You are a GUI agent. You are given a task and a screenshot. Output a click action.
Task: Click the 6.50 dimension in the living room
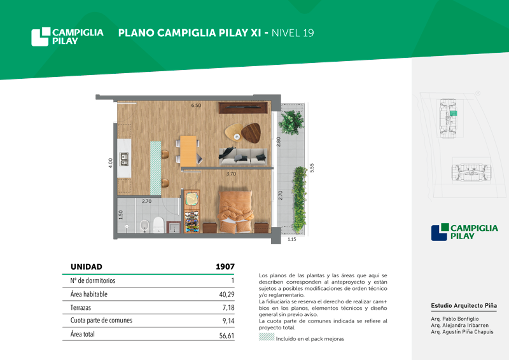(196, 106)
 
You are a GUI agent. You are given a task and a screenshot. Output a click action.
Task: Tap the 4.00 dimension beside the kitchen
(110, 163)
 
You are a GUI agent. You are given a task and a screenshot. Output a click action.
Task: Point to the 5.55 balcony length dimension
(312, 168)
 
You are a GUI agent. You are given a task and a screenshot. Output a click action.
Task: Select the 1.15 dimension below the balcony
(292, 239)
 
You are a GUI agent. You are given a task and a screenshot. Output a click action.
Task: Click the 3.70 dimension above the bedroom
(231, 174)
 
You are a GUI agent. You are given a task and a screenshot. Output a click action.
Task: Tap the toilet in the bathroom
(158, 225)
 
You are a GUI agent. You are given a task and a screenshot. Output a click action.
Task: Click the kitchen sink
(124, 159)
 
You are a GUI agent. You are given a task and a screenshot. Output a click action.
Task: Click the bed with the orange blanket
(235, 212)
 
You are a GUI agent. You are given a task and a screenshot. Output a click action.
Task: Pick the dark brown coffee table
(251, 133)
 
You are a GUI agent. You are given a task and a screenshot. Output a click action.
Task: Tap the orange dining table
(188, 151)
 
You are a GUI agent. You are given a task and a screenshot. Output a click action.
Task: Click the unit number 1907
(225, 267)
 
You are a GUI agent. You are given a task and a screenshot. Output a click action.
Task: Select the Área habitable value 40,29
(227, 294)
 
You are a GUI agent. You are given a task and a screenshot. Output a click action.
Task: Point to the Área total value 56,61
(227, 336)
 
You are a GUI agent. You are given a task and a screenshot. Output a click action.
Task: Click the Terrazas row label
(81, 307)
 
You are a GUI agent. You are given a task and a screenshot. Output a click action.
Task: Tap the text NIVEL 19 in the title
(293, 33)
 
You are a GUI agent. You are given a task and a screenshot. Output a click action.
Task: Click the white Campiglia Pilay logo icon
(41, 37)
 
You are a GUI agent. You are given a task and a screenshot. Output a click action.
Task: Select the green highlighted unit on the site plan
(454, 113)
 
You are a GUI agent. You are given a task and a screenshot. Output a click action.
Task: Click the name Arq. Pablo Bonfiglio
(455, 319)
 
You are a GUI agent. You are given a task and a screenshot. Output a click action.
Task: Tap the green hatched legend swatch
(267, 337)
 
